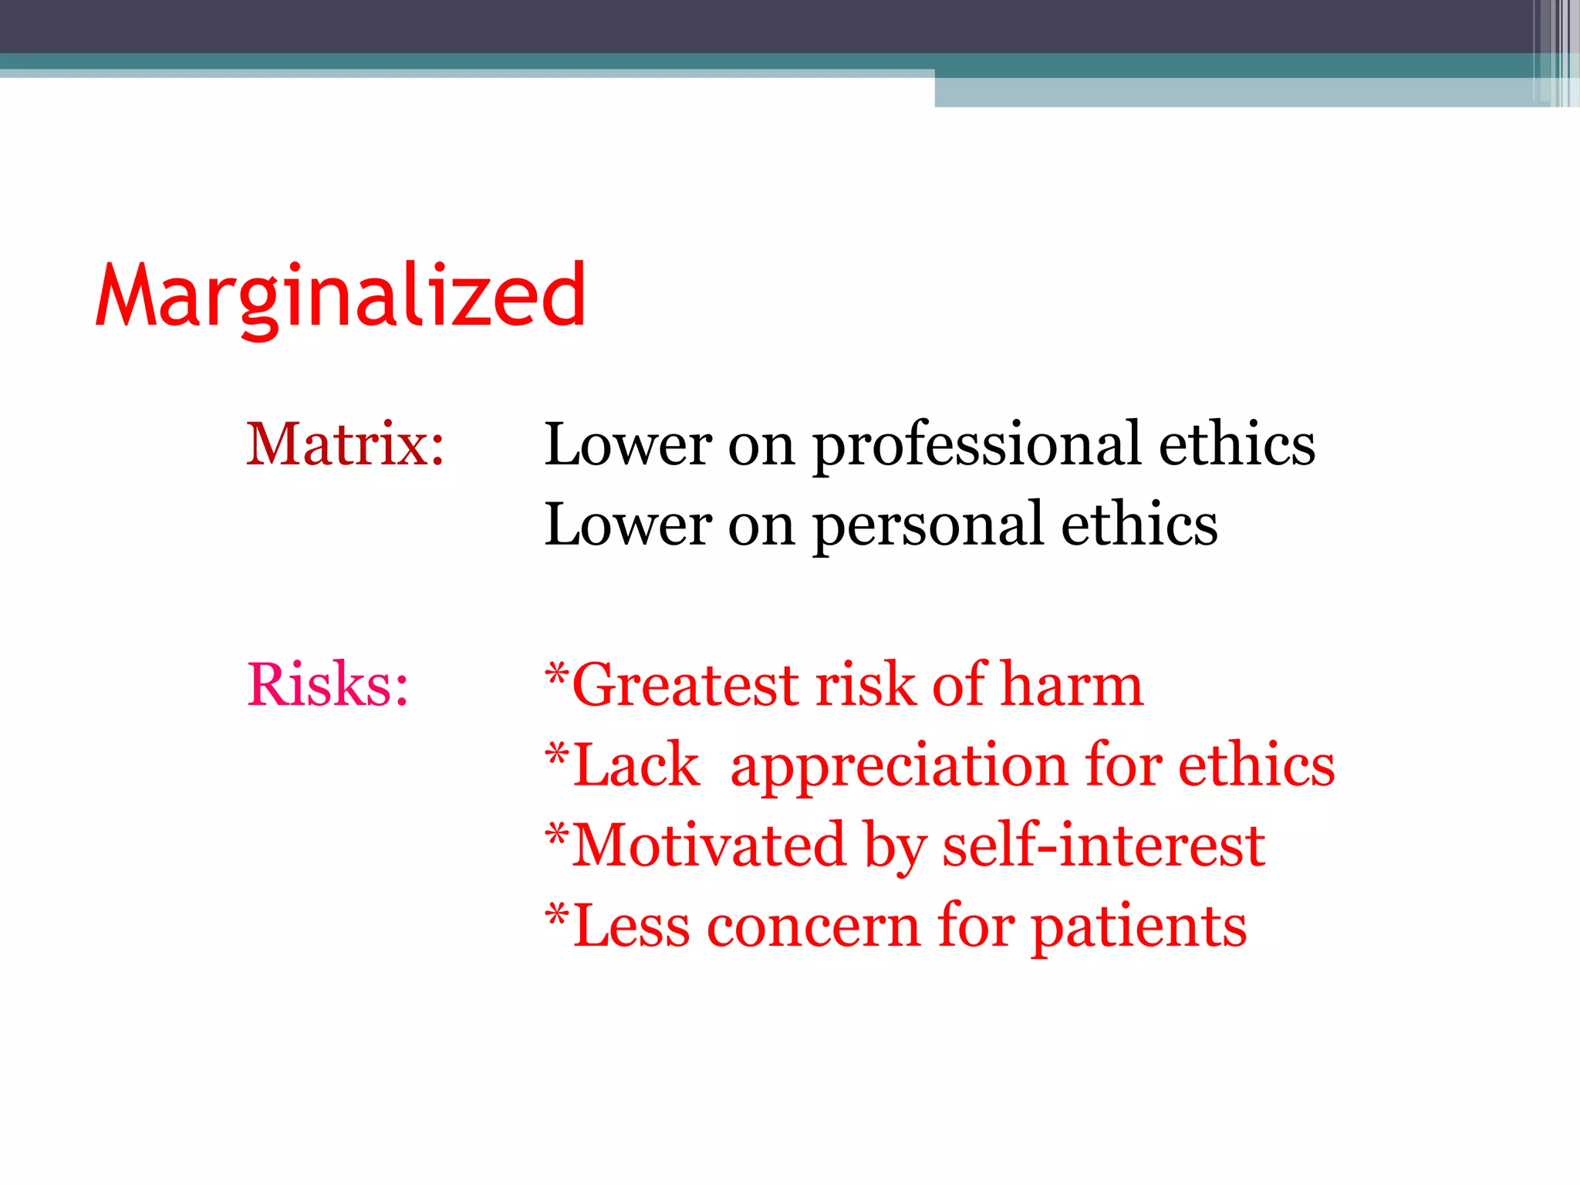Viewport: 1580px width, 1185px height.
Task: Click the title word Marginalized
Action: pos(340,297)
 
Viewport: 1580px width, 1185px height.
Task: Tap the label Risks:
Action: pos(327,684)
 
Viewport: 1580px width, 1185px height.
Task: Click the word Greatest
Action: pos(685,685)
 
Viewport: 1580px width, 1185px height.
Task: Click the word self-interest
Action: pos(1103,846)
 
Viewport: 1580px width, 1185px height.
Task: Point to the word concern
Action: pos(813,927)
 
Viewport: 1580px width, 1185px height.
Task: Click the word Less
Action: pos(630,927)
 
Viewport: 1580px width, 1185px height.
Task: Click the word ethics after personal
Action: pos(1139,525)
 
